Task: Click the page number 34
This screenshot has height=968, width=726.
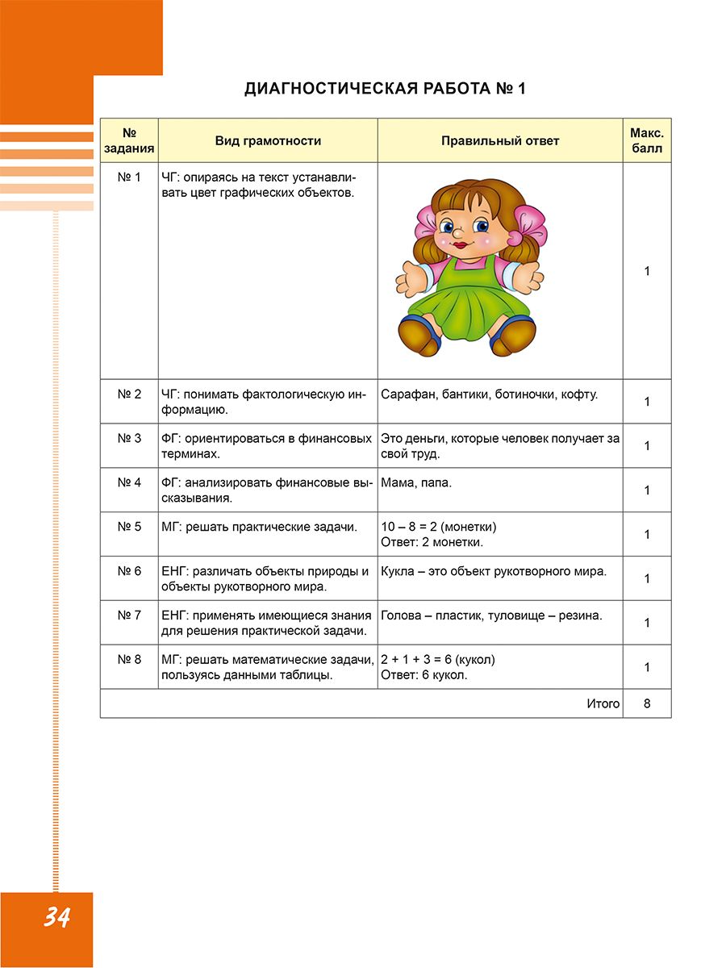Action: point(56,917)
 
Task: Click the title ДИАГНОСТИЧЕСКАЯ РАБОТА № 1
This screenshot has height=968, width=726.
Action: point(385,89)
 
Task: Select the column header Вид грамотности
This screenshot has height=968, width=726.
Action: point(268,141)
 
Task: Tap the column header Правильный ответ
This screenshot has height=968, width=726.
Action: point(500,141)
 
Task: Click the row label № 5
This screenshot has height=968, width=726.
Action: point(129,527)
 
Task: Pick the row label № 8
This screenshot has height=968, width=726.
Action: point(129,659)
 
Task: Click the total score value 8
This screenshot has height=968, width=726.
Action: point(647,703)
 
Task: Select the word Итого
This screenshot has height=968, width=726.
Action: point(603,703)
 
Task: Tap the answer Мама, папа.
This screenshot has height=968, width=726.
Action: point(416,483)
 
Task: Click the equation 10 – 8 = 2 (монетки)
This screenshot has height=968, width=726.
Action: point(439,527)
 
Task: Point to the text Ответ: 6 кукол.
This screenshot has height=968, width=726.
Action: point(424,675)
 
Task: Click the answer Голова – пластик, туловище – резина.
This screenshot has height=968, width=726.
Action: point(491,615)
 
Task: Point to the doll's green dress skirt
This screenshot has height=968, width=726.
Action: point(467,311)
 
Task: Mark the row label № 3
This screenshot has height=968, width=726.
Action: point(129,439)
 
